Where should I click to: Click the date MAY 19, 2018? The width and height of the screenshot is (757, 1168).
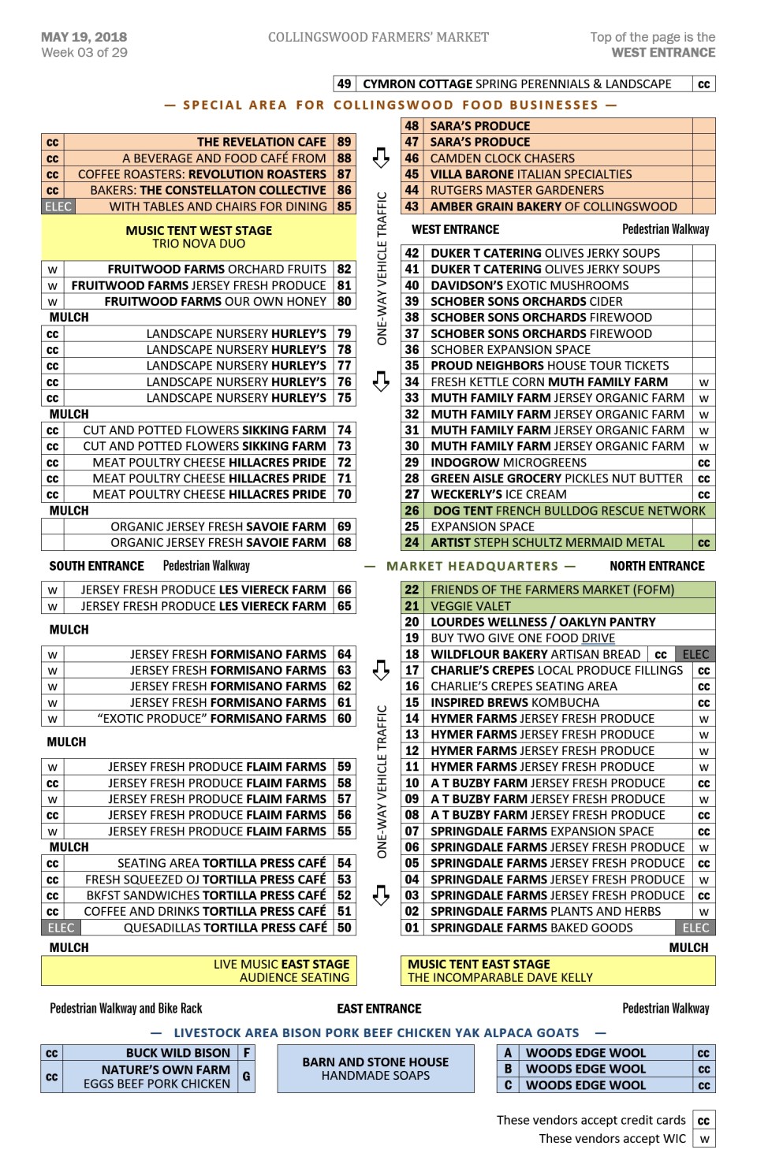tap(84, 37)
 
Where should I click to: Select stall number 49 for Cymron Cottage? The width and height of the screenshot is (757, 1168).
tap(344, 84)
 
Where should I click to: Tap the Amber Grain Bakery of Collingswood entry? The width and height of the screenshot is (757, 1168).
tap(553, 206)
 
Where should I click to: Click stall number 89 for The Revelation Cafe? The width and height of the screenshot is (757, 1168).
tap(344, 142)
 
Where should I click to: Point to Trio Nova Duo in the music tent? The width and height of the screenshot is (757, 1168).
tap(199, 244)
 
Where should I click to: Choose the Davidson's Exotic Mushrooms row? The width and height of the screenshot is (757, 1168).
tap(529, 285)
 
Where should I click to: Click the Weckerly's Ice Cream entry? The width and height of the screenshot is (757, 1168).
tap(498, 494)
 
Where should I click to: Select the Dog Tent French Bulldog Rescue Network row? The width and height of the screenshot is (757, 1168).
tap(567, 511)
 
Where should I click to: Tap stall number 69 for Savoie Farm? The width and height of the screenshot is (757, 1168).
tap(344, 526)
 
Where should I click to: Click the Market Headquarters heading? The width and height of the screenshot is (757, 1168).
tap(472, 566)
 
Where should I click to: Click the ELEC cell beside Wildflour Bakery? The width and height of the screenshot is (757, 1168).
tap(695, 654)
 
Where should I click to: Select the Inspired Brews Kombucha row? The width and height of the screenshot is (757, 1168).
tap(514, 702)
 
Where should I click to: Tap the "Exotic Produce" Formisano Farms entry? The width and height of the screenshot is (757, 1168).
tap(211, 719)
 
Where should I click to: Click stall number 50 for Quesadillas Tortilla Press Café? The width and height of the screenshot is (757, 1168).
tap(344, 928)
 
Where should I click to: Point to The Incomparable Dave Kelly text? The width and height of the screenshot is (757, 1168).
tap(500, 978)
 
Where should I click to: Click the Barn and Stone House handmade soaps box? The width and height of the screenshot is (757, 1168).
tap(375, 1069)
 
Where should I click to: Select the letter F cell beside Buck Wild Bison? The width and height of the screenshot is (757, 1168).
tap(247, 1053)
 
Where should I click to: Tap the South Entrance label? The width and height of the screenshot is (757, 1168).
tap(96, 566)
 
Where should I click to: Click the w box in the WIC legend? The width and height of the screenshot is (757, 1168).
tap(704, 1139)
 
